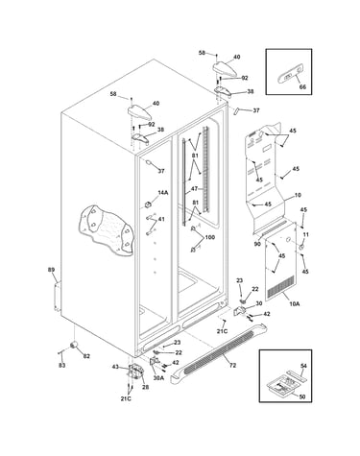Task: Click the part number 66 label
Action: coord(302,87)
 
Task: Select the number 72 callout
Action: coord(232,365)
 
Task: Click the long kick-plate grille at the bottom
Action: coord(220,352)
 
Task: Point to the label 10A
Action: coord(294,304)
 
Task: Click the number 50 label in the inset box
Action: coord(301,396)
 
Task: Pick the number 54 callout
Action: coord(303,366)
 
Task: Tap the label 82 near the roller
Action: coord(86,356)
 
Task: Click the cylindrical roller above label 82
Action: coord(74,345)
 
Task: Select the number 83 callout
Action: coord(62,365)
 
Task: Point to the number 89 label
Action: coord(51,270)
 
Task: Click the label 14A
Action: coord(162,192)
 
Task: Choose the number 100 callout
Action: coord(210,237)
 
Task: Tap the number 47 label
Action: coord(194,189)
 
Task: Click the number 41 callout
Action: coord(161,219)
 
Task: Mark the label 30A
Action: coord(158,377)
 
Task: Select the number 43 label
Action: coord(115,367)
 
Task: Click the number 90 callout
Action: coord(257,244)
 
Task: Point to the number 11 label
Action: coord(305,234)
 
